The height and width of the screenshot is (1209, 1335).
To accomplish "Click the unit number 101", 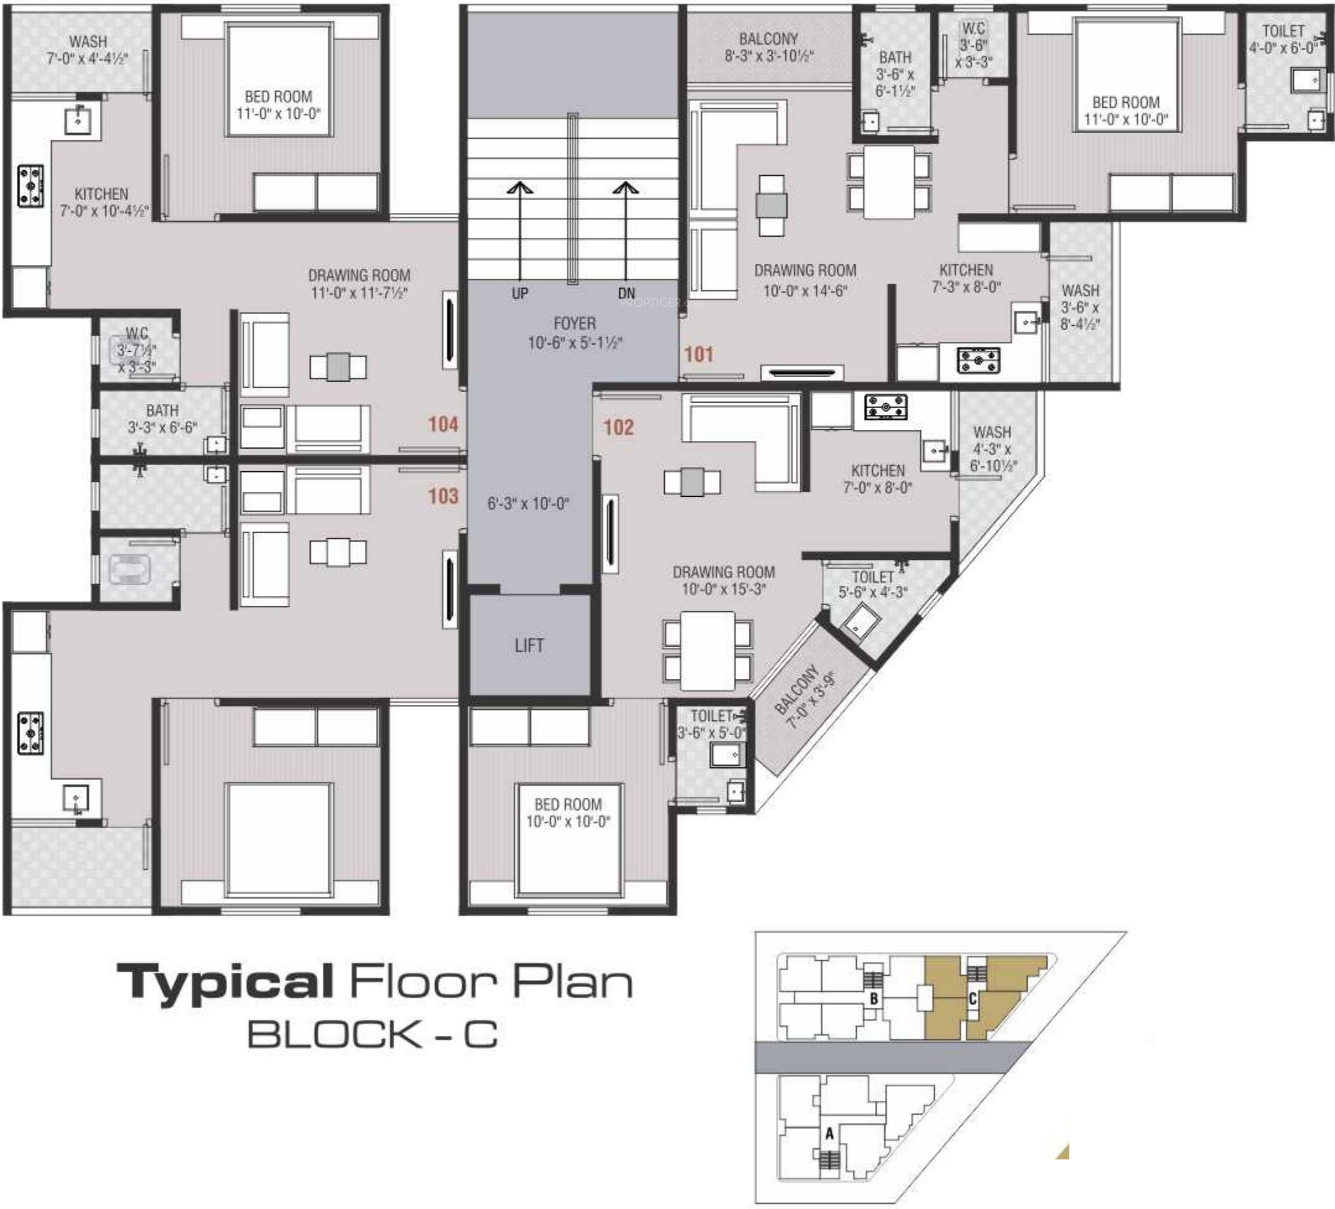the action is tap(698, 354).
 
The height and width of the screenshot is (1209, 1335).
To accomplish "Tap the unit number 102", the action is tap(619, 427).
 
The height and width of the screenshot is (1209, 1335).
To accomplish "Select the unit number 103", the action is tap(443, 495).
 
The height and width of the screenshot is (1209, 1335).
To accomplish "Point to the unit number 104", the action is tap(443, 424).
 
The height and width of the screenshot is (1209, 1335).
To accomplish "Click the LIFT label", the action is tap(529, 645).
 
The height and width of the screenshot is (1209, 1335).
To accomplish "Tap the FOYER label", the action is tap(574, 324).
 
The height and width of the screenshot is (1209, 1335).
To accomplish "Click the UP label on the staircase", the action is tap(520, 294).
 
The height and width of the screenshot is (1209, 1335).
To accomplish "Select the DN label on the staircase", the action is tap(627, 294).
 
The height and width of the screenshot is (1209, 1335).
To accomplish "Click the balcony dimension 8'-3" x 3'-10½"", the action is tap(769, 56).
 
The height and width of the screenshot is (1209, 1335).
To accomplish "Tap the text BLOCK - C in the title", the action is tap(373, 1035).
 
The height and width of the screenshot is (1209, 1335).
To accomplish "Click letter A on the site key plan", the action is tap(829, 1134).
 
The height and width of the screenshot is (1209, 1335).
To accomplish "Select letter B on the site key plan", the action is tap(874, 998).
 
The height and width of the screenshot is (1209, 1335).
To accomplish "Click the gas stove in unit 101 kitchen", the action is tap(979, 360).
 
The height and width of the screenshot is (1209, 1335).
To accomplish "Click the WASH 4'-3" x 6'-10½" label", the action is tap(992, 449).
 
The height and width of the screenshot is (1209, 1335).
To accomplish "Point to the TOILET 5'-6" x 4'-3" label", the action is tap(873, 585).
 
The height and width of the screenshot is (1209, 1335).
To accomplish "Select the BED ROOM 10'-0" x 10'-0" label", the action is tap(568, 813).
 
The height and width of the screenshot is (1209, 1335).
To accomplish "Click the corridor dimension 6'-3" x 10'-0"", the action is tap(528, 504).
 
